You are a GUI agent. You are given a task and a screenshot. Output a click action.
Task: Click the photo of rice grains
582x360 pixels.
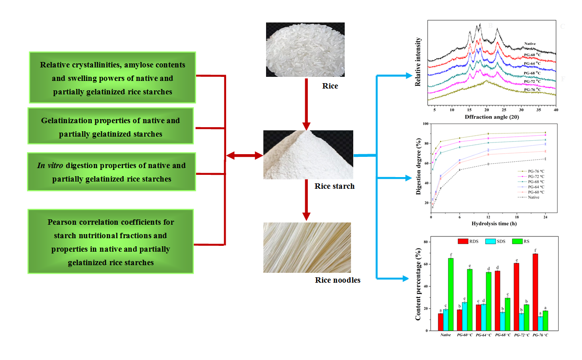coord(305,50)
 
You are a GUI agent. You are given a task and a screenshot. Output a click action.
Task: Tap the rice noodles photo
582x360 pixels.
coord(307,248)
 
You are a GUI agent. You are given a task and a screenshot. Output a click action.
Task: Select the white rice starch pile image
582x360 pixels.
coord(308,155)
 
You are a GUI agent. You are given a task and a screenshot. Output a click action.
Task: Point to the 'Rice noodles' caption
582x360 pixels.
coord(338,280)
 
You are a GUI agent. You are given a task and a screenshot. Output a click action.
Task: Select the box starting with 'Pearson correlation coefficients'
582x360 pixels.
coord(111,242)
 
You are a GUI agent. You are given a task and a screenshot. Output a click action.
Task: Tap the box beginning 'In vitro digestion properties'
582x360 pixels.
coord(111,172)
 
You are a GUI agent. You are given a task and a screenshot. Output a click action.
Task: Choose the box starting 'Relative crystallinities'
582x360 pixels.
coord(112,78)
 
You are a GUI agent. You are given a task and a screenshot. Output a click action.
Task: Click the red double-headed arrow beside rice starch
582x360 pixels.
coord(244,156)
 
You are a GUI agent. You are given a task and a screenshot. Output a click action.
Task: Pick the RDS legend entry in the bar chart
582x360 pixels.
coord(470,241)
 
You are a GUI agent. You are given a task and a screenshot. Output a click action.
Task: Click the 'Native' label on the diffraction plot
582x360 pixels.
coord(530,44)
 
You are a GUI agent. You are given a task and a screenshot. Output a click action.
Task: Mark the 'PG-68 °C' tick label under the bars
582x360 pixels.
coord(502,335)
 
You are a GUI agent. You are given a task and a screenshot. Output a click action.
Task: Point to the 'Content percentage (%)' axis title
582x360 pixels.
coord(418,286)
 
